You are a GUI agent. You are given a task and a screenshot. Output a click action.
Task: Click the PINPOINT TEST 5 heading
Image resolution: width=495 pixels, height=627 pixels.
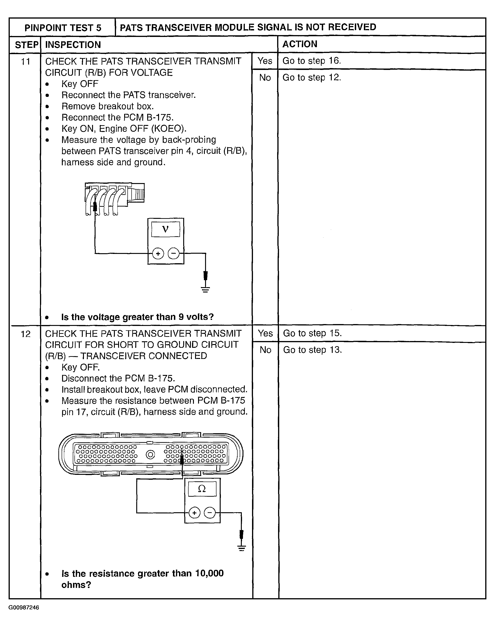(63, 28)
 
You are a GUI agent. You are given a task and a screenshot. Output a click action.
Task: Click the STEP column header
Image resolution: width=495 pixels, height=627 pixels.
(26, 45)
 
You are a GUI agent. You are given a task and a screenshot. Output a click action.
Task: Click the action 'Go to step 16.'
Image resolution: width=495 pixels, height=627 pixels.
(312, 61)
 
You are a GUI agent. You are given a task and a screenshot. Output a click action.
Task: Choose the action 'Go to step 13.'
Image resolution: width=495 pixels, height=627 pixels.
(312, 350)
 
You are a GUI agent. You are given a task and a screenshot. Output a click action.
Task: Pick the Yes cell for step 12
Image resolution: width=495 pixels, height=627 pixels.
(265, 333)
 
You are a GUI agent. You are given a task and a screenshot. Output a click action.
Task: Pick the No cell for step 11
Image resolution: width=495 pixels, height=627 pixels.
(265, 78)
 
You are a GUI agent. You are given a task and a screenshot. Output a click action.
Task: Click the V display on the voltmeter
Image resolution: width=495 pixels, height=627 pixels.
(166, 229)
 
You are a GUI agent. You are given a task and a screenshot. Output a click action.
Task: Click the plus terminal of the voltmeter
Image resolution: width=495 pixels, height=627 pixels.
(158, 254)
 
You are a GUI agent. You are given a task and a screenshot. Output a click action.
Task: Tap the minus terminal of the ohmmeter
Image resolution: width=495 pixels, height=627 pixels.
(210, 513)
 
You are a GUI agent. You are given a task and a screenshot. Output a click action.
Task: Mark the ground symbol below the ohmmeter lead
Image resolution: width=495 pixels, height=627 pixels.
(241, 548)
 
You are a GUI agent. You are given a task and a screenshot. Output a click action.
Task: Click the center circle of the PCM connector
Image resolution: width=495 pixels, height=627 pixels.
(150, 455)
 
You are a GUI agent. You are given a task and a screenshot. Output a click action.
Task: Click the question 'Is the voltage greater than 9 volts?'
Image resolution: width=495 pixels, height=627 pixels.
(137, 317)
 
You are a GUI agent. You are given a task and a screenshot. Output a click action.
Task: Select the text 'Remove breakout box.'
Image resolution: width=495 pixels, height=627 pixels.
(107, 106)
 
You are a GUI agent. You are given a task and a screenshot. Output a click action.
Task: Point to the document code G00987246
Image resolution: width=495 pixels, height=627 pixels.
(24, 607)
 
